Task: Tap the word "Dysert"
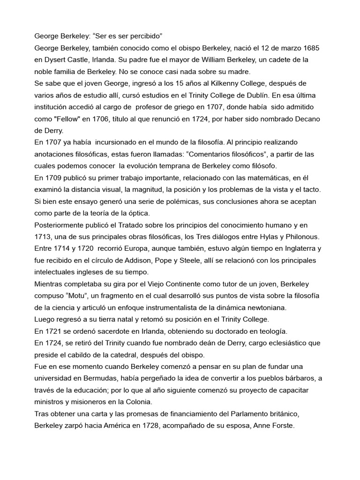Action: click(56, 60)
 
